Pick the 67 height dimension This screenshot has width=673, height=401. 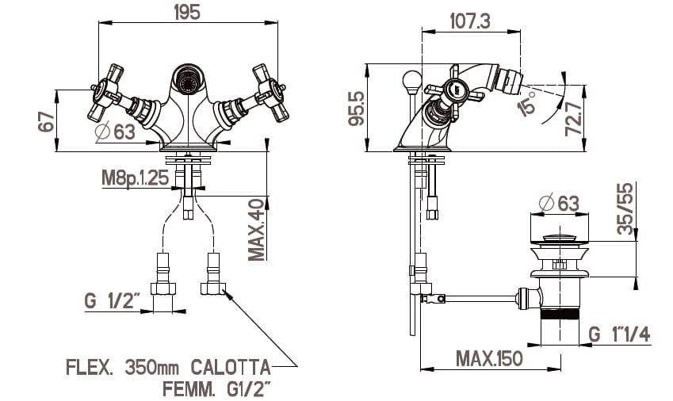click(47, 121)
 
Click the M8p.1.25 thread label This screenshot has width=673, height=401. click(135, 178)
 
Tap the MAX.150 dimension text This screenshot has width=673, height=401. click(489, 357)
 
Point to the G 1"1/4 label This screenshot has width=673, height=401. click(619, 334)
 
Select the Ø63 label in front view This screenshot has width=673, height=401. click(115, 132)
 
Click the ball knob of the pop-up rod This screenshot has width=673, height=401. click(411, 79)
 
